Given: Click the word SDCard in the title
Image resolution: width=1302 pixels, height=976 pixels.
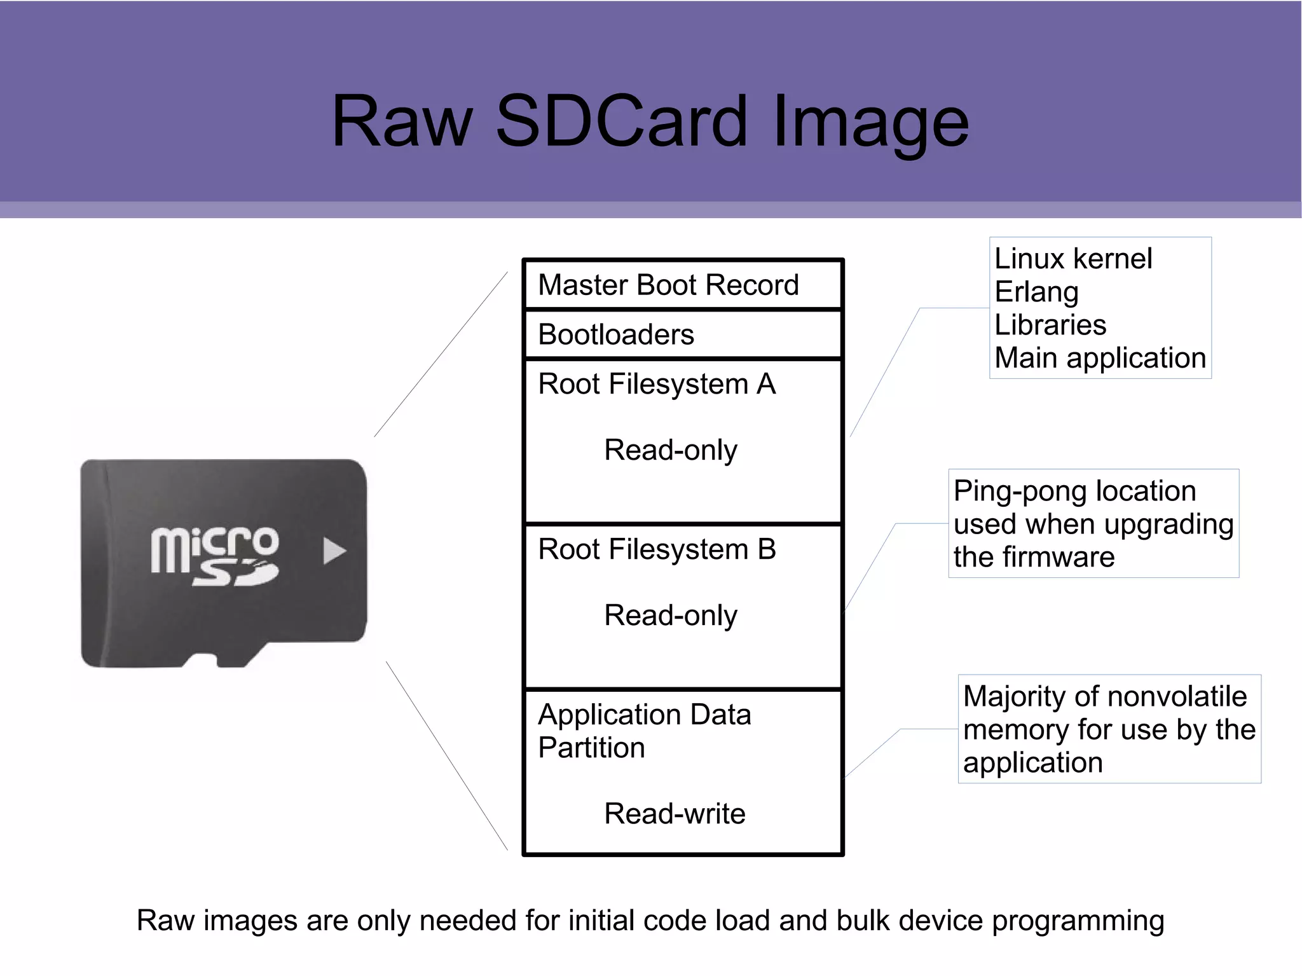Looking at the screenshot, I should click(x=622, y=121).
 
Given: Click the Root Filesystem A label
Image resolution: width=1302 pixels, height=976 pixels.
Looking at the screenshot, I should click(x=656, y=384).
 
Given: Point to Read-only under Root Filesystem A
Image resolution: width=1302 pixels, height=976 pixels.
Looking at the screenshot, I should click(x=670, y=450).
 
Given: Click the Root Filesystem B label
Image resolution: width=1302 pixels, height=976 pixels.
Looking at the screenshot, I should click(x=656, y=549).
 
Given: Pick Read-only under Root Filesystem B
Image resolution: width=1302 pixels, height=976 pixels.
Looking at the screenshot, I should click(x=670, y=615).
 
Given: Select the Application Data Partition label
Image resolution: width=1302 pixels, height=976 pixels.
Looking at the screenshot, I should click(x=643, y=731).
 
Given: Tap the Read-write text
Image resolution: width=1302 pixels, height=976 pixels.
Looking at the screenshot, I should click(x=674, y=814).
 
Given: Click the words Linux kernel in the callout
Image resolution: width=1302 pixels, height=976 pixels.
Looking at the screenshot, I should click(x=1073, y=259).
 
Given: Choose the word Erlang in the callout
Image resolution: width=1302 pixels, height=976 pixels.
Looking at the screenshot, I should click(x=1036, y=292).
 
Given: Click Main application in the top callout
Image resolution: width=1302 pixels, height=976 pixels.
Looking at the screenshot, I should click(x=1100, y=358).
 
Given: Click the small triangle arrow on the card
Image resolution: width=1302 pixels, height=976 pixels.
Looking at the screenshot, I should click(x=333, y=551).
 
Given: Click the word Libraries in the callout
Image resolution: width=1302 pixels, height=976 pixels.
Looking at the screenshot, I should click(x=1050, y=325).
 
